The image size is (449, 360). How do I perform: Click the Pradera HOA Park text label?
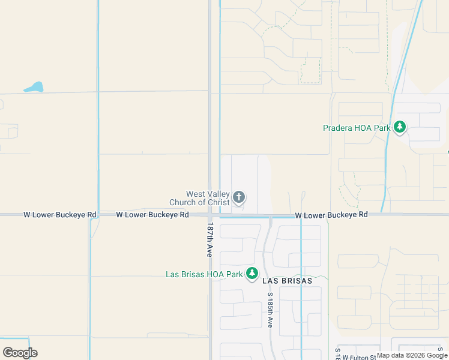click(357, 128)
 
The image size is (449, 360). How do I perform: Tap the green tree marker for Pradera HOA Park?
click(400, 127)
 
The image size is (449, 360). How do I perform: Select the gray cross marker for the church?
click(239, 197)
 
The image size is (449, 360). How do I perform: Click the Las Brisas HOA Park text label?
click(204, 274)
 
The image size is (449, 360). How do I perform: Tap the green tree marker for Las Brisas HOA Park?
click(252, 274)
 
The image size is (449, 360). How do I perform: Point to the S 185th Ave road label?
click(270, 310)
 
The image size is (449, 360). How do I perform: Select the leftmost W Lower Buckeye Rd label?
click(59, 214)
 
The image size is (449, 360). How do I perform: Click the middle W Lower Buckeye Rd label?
click(152, 214)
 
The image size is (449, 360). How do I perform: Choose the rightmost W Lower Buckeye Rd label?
click(331, 214)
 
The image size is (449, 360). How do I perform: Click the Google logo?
click(20, 353)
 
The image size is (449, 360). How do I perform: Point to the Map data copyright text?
click(412, 355)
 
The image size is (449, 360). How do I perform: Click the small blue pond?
click(34, 88)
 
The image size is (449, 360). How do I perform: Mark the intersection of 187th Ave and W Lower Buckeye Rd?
click(209, 214)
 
